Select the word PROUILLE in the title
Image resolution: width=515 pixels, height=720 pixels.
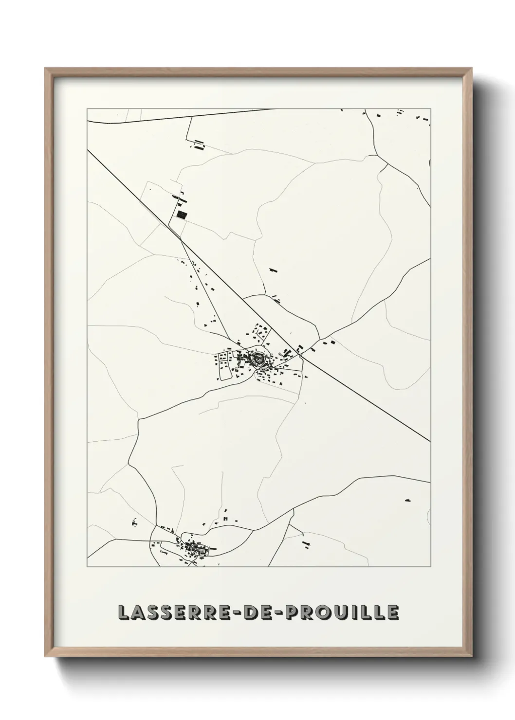point(343,613)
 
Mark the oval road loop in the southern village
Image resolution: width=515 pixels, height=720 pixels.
point(199,549)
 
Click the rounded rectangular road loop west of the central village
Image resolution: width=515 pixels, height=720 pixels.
point(225,366)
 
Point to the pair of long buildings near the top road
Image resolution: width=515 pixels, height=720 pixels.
point(198,144)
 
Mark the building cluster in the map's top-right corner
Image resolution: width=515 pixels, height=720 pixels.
point(422,117)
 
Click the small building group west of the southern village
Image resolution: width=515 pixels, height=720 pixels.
point(133,523)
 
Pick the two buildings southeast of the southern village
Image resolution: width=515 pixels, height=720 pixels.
point(306,544)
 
